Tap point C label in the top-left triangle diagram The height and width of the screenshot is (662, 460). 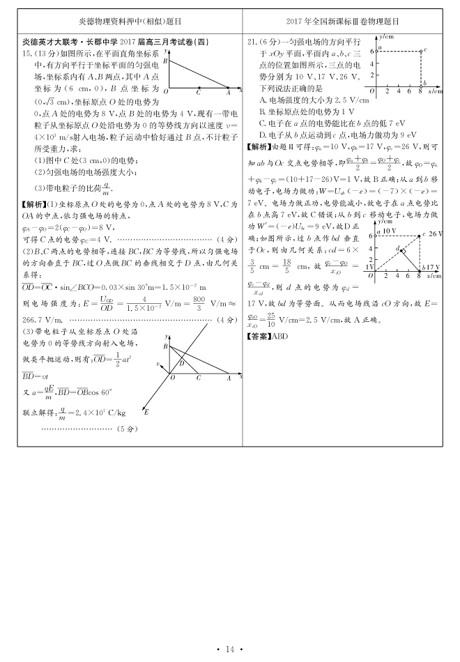click(199, 93)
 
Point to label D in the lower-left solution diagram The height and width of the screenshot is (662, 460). click(181, 362)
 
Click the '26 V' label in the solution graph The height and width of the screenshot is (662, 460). click(437, 234)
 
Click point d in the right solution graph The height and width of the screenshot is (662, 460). click(398, 249)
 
